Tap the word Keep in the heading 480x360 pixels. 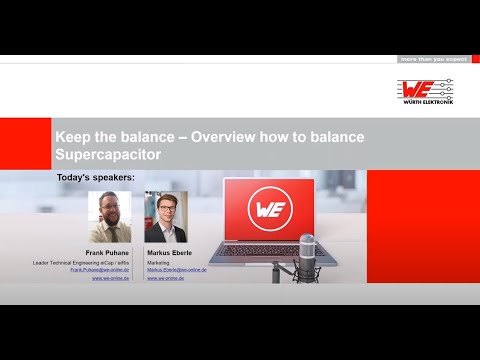74,136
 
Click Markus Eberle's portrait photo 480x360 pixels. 166,217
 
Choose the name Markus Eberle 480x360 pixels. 169,253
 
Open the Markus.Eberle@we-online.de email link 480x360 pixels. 177,270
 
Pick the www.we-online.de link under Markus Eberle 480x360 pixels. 165,278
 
